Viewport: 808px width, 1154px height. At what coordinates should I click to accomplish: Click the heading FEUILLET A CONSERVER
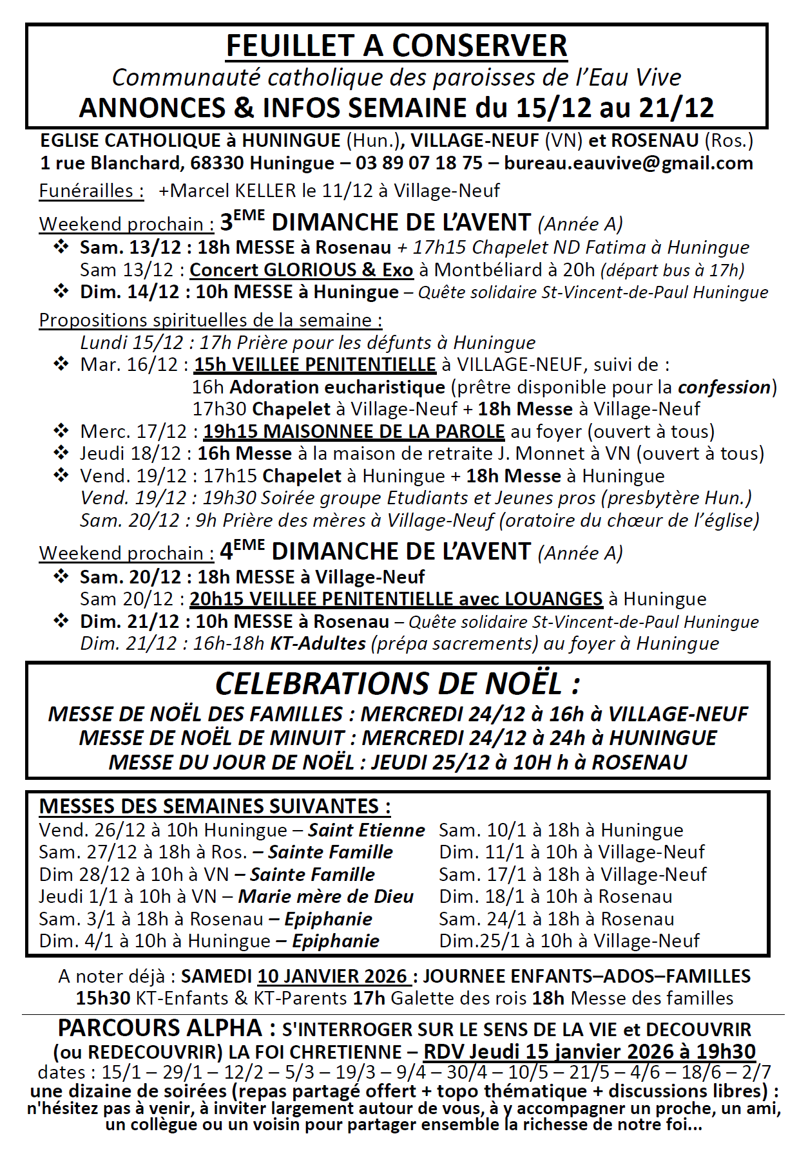point(396,46)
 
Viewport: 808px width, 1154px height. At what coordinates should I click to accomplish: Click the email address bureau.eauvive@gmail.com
point(628,163)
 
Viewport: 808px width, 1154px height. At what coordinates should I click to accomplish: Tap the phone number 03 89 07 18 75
point(419,163)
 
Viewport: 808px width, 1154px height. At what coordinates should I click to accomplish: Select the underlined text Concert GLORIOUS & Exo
point(301,270)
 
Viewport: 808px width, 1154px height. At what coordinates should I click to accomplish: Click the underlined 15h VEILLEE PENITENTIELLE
point(315,364)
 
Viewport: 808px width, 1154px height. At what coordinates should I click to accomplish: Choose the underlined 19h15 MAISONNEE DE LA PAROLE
point(354,431)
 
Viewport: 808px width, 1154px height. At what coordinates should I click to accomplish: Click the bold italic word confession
point(724,387)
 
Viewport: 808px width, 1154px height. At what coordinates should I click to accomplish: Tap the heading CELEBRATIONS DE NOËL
point(398,683)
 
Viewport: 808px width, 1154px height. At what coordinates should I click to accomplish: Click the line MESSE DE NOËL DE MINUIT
point(213,738)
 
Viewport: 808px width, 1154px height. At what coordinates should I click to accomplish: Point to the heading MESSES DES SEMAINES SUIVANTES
point(215,806)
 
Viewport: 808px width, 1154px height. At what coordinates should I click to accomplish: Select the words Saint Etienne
point(366,830)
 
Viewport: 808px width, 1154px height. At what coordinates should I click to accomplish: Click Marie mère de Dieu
point(326,896)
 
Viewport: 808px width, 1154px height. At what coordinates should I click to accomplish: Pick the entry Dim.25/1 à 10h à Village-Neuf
point(569,941)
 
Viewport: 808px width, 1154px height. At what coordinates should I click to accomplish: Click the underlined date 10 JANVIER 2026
point(333,976)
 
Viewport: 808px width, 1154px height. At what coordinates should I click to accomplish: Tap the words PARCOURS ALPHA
point(160,1028)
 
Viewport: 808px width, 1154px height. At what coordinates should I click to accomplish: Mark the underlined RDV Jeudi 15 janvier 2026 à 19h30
point(589,1052)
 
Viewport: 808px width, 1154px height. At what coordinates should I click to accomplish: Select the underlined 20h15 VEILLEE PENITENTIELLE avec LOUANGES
point(396,599)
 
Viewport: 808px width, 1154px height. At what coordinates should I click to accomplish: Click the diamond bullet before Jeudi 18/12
point(61,453)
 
